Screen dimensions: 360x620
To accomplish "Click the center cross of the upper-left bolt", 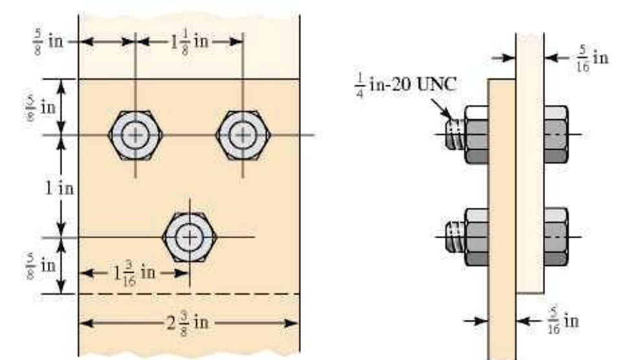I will pos(135,135).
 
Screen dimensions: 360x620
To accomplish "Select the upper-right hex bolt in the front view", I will pos(243,135).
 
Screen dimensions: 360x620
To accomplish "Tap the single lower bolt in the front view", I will pos(189,237).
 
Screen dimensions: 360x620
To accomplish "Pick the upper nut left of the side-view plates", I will pos(476,135).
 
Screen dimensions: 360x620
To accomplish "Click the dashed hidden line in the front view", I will pos(188,294).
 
